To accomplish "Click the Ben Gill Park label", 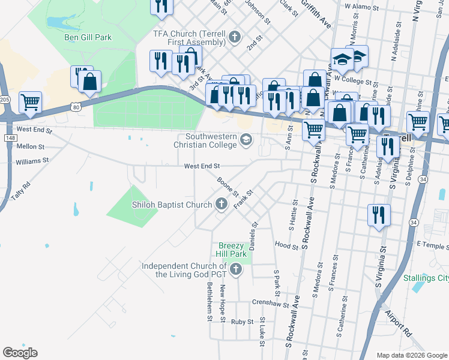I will pos(88,37).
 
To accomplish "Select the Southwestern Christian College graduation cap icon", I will pos(246,140).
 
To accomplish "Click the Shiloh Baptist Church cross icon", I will pos(220,205).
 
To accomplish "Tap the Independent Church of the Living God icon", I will pos(235,269).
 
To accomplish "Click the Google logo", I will pos(20,353).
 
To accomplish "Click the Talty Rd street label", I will pos(20,193).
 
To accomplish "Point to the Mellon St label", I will pos(31,146).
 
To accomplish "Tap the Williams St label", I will pos(32,161).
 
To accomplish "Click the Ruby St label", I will pos(243,322).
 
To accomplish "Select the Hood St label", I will pos(286,245).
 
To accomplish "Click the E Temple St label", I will pos(431,246).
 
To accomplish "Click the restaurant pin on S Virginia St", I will pos(379,214).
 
